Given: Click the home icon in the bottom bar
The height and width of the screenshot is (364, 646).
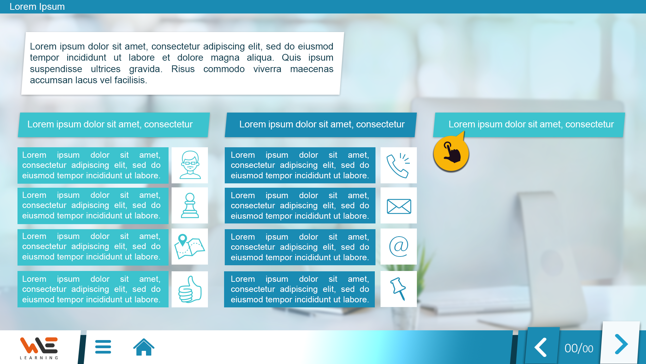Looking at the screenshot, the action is [x=144, y=347].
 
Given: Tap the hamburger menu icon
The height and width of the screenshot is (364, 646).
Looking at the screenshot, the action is [x=103, y=347].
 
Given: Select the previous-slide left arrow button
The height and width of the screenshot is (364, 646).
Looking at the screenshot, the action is [x=541, y=347].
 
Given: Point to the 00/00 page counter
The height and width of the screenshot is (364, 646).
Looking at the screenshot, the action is [x=579, y=348].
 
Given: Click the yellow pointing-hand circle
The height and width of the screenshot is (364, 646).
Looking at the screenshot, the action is [x=451, y=153].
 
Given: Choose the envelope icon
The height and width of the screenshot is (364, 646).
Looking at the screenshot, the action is [x=399, y=206].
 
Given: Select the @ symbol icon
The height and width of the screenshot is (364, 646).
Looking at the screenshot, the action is [x=399, y=246].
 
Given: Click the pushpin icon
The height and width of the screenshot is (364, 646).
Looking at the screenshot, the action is [x=398, y=289].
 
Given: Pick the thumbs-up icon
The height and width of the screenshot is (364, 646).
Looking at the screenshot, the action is [x=190, y=290].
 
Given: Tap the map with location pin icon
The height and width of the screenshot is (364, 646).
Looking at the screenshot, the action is [x=189, y=246].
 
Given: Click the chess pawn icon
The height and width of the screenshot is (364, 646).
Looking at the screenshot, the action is [x=190, y=206].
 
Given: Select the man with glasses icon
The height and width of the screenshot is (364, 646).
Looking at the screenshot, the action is [x=190, y=165].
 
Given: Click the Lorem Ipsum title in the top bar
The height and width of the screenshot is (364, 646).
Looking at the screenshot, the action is [x=37, y=7].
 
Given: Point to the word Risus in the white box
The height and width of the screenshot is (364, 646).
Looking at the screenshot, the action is [x=183, y=69].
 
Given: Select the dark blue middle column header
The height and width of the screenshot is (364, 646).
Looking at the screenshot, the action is [x=321, y=125].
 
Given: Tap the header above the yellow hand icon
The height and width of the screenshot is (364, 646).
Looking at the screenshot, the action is [x=529, y=125].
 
